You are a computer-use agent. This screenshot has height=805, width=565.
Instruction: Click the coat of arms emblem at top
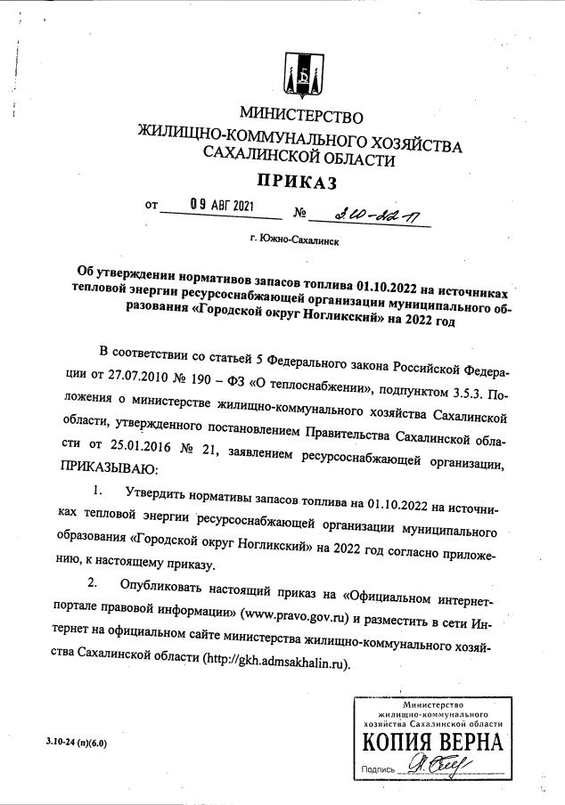click(x=303, y=76)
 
